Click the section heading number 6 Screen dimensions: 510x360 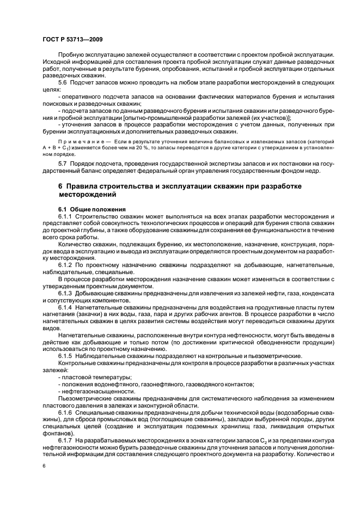click(61, 186)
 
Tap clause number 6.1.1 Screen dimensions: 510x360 click(65, 216)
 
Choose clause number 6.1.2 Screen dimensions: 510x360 click(65, 264)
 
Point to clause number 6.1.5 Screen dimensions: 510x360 click(65, 356)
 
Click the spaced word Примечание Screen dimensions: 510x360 click(80, 141)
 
